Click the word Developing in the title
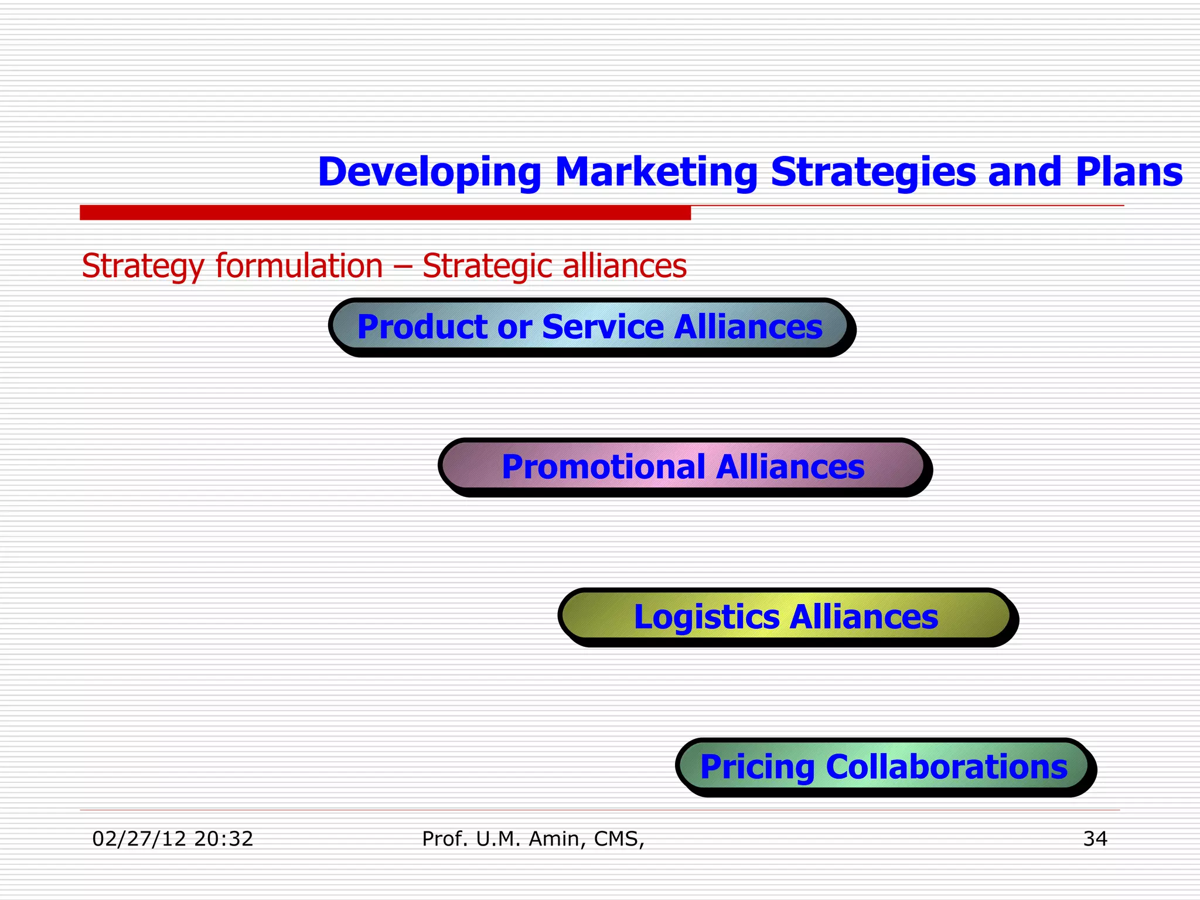point(429,172)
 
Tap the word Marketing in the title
point(656,172)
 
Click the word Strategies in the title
point(872,172)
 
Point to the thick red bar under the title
point(385,212)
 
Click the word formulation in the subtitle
point(299,266)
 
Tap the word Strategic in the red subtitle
point(486,266)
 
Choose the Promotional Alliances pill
point(683,466)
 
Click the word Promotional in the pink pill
point(603,467)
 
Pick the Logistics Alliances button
point(786,616)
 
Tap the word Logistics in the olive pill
point(706,617)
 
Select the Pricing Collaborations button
point(883,766)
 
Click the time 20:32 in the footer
point(223,839)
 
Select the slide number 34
point(1095,839)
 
